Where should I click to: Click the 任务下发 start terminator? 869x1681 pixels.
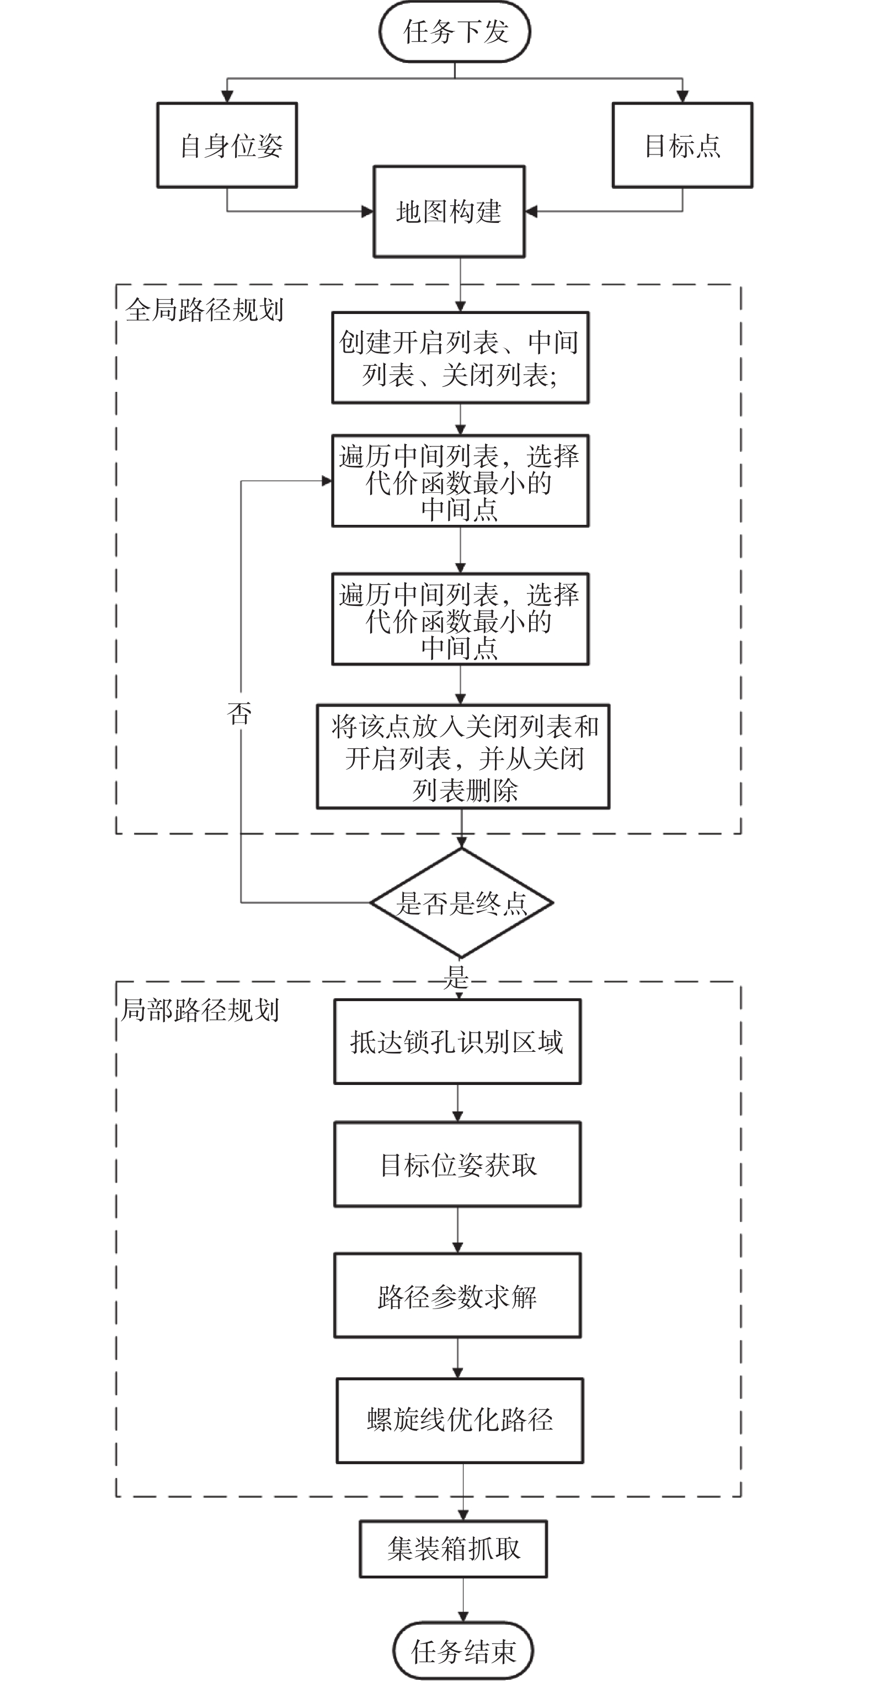click(x=455, y=32)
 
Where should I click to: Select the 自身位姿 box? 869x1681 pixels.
click(x=227, y=145)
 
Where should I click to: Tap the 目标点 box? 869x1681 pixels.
click(x=682, y=145)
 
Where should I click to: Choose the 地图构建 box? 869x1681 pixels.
click(x=449, y=211)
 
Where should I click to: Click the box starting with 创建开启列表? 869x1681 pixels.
click(x=460, y=358)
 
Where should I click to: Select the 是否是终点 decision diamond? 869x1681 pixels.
click(x=461, y=902)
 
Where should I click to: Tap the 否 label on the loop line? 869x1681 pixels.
click(x=239, y=712)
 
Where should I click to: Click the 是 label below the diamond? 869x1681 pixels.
click(x=456, y=977)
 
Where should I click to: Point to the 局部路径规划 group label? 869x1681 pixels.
click(x=200, y=1009)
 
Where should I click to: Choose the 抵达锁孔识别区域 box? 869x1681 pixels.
click(x=457, y=1041)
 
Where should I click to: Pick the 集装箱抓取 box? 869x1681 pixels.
click(x=453, y=1549)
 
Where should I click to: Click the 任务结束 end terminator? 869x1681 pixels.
click(x=462, y=1652)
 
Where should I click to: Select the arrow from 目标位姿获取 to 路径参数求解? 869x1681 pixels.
click(x=457, y=1230)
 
